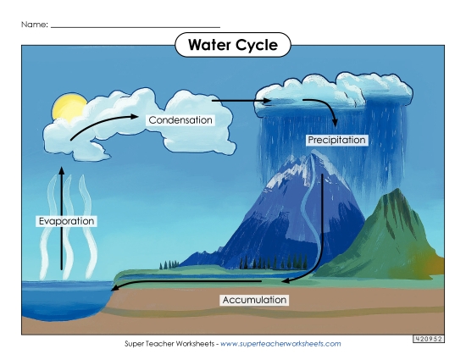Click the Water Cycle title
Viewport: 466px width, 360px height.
[232, 45]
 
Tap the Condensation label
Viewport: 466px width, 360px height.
[180, 120]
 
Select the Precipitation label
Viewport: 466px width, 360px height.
[336, 140]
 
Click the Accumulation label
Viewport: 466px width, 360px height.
[254, 300]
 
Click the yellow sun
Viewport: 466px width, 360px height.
[68, 108]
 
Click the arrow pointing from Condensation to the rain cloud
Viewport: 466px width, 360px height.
[241, 101]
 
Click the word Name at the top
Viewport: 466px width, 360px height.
[34, 25]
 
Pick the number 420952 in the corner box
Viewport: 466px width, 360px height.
[430, 339]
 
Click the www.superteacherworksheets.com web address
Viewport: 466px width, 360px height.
[280, 344]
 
